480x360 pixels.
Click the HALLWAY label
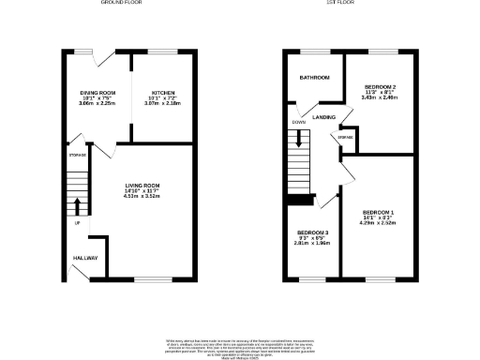[85, 257]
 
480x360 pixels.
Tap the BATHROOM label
[314, 77]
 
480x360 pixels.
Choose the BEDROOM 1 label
[378, 214]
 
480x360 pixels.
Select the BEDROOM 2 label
[380, 86]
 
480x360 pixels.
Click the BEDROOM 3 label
[312, 232]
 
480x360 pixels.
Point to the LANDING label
[325, 117]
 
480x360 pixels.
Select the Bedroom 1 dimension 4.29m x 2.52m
[378, 225]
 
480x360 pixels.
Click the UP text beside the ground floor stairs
[77, 223]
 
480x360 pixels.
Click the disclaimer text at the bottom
[239, 345]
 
